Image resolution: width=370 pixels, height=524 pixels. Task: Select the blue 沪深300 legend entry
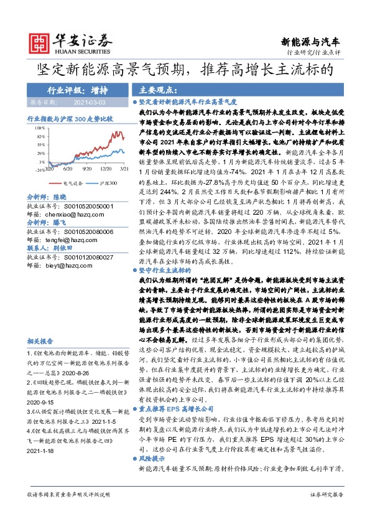106,184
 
